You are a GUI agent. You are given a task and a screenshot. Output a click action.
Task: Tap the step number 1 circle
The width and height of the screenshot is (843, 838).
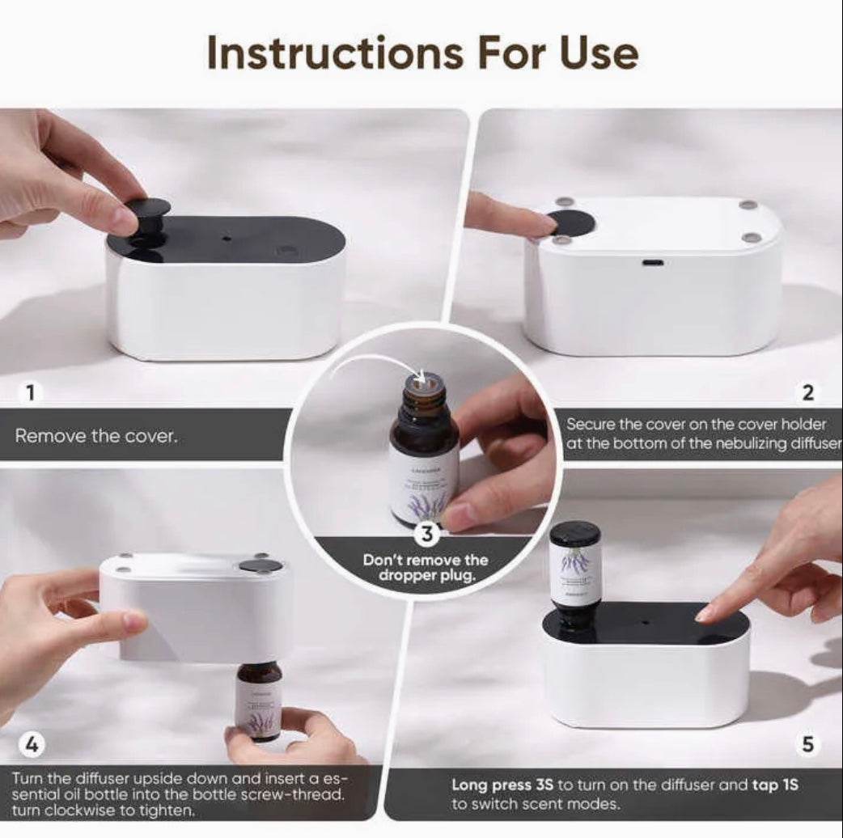click(30, 394)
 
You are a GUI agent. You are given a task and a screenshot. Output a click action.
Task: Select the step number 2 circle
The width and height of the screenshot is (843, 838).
click(807, 394)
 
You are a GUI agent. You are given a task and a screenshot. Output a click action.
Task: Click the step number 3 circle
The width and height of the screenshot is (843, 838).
click(428, 534)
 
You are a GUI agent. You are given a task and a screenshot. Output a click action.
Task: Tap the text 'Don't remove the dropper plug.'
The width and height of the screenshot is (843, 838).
click(426, 567)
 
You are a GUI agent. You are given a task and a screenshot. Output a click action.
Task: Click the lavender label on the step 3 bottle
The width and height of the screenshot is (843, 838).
click(424, 485)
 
